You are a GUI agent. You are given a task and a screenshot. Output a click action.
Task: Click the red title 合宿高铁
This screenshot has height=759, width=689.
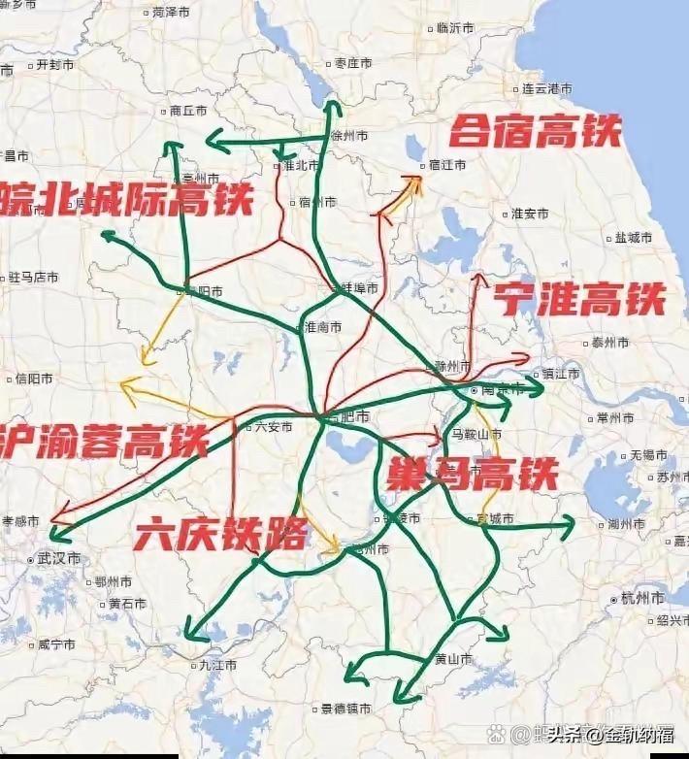click(536, 130)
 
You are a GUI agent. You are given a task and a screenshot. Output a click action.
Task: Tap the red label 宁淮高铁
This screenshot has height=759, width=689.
click(579, 299)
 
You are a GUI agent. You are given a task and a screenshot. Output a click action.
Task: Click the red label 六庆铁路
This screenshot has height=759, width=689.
click(221, 533)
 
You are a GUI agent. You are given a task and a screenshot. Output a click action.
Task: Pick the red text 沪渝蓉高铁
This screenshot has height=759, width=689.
click(103, 440)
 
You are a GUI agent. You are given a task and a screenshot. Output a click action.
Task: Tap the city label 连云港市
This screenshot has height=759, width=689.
click(546, 88)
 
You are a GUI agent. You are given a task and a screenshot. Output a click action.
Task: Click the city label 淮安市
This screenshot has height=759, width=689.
click(529, 214)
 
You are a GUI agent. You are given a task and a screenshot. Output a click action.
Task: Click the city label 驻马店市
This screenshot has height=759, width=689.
click(34, 278)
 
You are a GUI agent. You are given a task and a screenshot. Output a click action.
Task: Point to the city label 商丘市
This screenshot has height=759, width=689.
click(188, 111)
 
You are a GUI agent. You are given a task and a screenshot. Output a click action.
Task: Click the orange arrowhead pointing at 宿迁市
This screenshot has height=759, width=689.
click(417, 181)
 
